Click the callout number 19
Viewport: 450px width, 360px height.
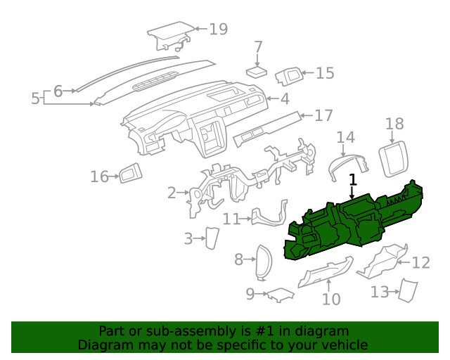coord(218,29)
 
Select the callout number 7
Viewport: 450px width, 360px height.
coord(258,47)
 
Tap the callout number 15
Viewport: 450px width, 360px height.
coord(324,72)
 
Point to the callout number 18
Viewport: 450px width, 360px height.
coord(394,124)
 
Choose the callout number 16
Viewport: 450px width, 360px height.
coord(99,176)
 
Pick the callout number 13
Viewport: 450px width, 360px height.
coord(379,291)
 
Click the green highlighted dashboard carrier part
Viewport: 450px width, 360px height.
coord(352,225)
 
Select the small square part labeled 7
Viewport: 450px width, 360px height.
coord(257,72)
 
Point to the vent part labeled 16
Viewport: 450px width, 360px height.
coord(129,172)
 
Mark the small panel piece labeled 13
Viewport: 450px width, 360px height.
coord(406,290)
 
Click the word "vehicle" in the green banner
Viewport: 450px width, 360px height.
coord(344,345)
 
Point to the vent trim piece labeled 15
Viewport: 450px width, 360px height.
coord(288,76)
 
